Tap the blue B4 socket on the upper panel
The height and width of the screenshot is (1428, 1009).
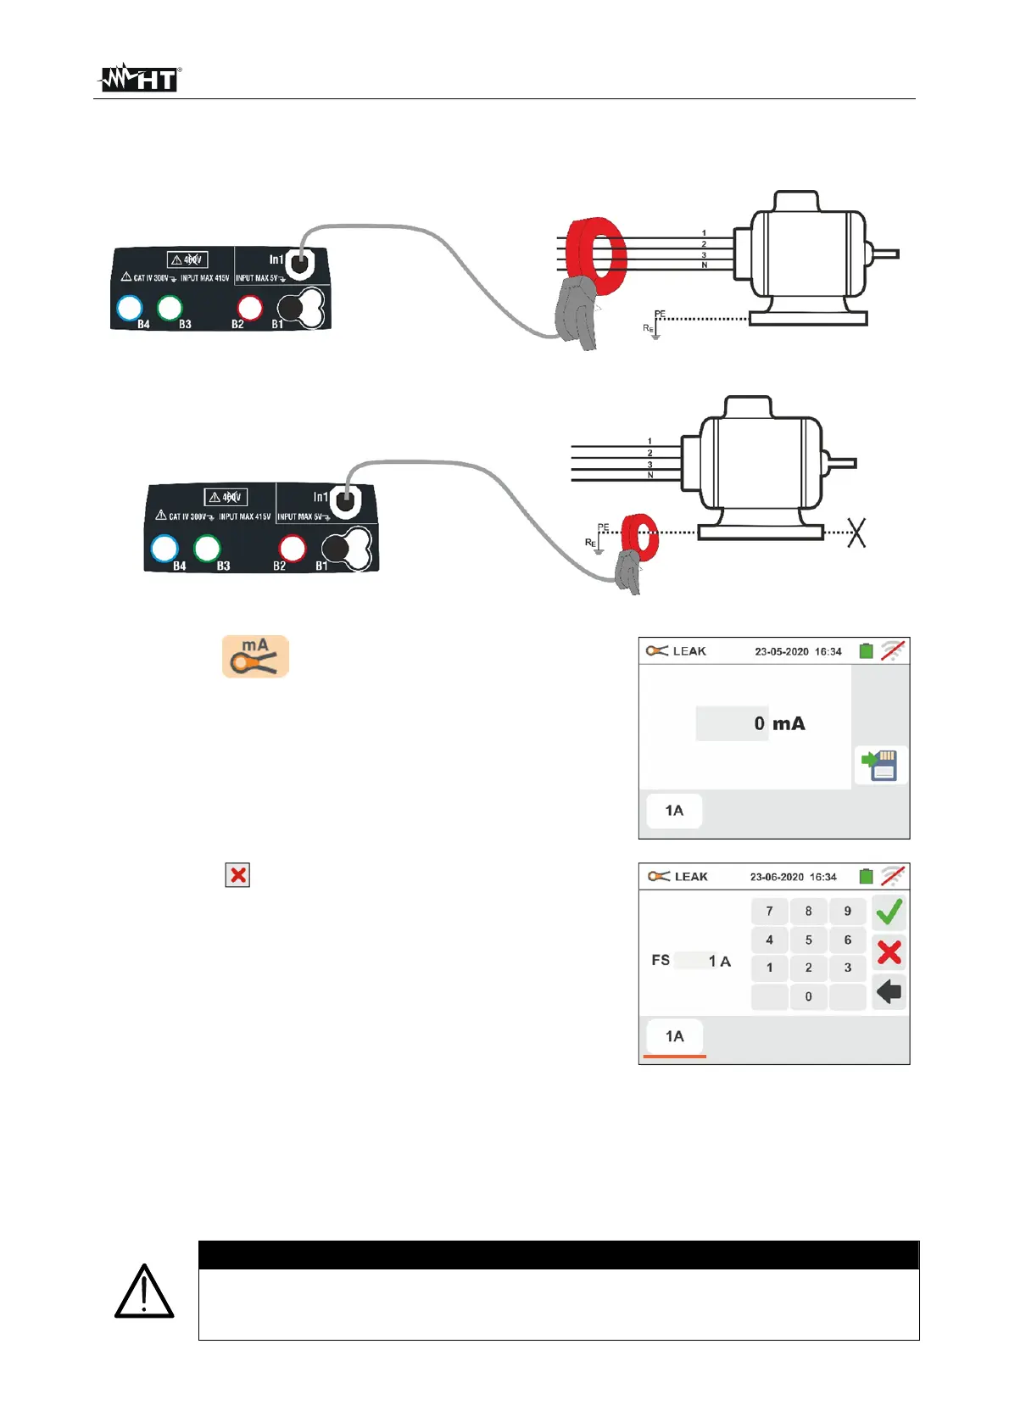pyautogui.click(x=129, y=309)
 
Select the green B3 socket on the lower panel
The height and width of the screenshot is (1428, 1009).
pyautogui.click(x=207, y=549)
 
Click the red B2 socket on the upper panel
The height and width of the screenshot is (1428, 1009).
pyautogui.click(x=250, y=308)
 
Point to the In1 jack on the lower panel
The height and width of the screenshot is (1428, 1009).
pyautogui.click(x=343, y=501)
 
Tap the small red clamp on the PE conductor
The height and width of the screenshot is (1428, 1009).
pyautogui.click(x=639, y=537)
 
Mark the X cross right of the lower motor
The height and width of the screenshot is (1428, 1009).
pyautogui.click(x=856, y=533)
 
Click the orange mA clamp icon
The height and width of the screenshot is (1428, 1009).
pyautogui.click(x=255, y=656)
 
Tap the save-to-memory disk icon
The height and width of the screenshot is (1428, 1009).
pyautogui.click(x=880, y=765)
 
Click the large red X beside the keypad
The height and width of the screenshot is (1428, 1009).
pyautogui.click(x=889, y=952)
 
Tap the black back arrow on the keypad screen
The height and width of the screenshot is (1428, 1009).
pyautogui.click(x=889, y=991)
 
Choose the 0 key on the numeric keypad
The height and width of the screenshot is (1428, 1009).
pyautogui.click(x=808, y=996)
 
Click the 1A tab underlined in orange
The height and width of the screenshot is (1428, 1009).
pyautogui.click(x=674, y=1037)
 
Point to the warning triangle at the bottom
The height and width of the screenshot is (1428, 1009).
pyautogui.click(x=144, y=1291)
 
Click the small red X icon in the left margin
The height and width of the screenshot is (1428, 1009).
pyautogui.click(x=238, y=875)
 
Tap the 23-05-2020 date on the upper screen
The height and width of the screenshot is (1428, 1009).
pyautogui.click(x=781, y=651)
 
